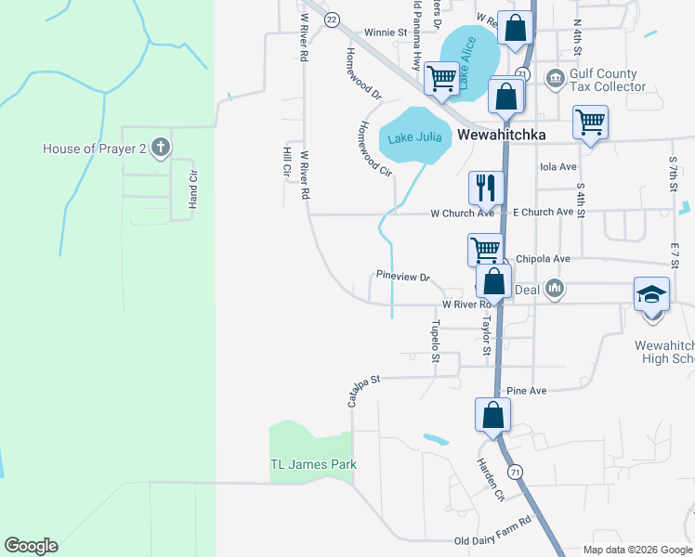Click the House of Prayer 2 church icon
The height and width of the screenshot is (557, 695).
(161, 148)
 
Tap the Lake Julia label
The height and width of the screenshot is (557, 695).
(414, 139)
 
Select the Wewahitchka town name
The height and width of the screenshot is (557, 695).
(500, 135)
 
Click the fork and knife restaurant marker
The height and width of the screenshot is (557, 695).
(485, 188)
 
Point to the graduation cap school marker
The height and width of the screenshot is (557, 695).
(651, 294)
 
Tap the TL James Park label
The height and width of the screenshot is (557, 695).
(313, 464)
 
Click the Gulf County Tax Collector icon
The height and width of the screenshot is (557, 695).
(556, 76)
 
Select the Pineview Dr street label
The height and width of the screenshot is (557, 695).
(404, 277)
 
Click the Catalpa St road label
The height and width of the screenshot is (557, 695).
(364, 391)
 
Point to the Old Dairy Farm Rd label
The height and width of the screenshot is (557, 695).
(492, 542)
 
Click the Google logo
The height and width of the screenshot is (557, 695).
(31, 546)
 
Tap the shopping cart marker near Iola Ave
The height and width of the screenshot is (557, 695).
(590, 121)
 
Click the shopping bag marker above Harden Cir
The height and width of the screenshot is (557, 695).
(492, 414)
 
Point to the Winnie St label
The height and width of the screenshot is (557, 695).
(386, 32)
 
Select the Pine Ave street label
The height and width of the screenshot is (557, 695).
(527, 391)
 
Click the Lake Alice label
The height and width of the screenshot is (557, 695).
(465, 63)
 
